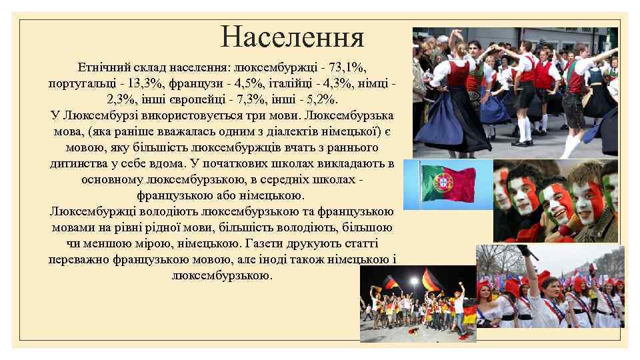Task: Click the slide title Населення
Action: pyautogui.click(x=293, y=37)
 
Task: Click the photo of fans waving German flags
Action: pyautogui.click(x=418, y=303)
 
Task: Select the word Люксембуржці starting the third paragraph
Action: pyautogui.click(x=90, y=211)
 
